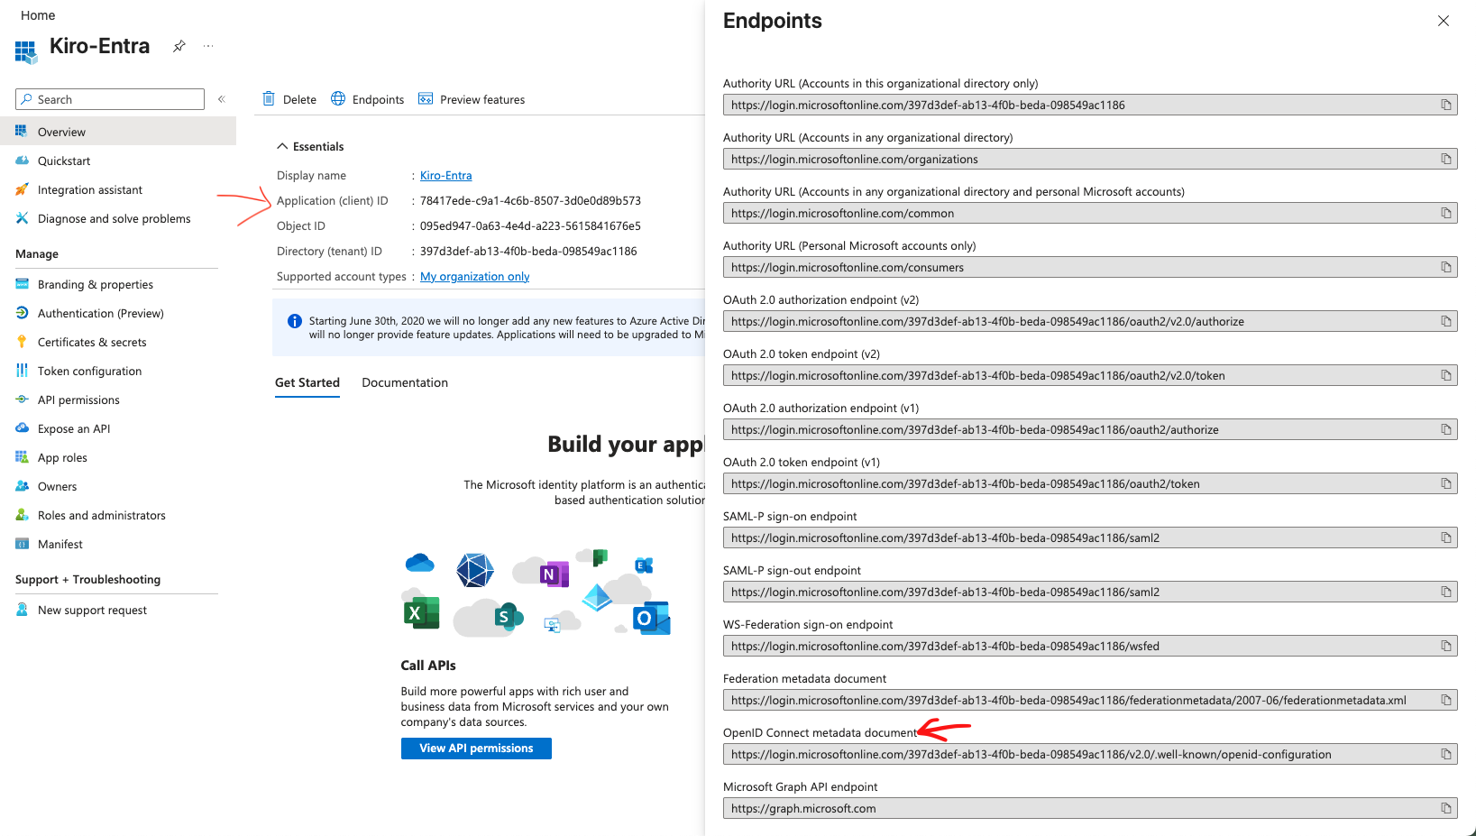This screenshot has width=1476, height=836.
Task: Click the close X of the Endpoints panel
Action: [x=1444, y=21]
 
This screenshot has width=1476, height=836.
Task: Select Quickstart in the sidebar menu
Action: [x=64, y=161]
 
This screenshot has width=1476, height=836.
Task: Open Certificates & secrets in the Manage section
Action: [x=92, y=342]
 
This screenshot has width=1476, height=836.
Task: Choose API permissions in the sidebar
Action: [x=78, y=400]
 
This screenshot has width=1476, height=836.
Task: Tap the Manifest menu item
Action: [x=60, y=544]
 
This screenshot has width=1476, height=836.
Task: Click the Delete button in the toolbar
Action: [x=290, y=99]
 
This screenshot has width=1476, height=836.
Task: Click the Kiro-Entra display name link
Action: [x=445, y=175]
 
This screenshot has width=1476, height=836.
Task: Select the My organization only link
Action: [x=474, y=276]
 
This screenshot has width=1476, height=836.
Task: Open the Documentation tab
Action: [x=405, y=382]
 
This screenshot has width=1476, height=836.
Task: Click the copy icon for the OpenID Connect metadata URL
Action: [x=1446, y=754]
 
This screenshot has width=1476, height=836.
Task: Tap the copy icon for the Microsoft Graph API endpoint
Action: [x=1446, y=808]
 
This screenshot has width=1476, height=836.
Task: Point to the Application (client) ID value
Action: [x=530, y=200]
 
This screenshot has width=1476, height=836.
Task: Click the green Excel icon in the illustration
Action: [x=421, y=613]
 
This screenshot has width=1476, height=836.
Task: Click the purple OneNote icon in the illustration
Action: [x=553, y=574]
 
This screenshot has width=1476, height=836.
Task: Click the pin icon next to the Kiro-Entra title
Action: [x=179, y=46]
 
